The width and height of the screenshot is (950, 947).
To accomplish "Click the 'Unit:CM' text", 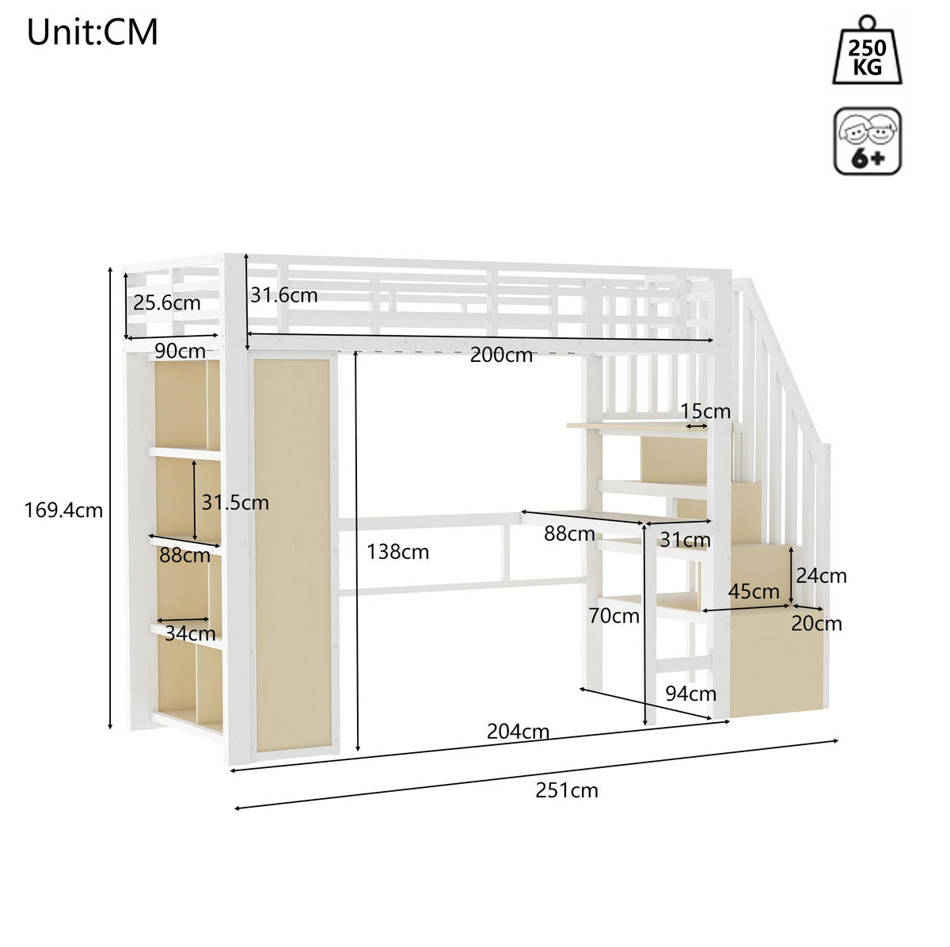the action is click(x=92, y=32).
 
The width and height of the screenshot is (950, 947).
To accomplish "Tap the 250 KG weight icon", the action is click(x=867, y=51).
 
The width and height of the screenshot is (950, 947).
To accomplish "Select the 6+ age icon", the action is click(x=868, y=142).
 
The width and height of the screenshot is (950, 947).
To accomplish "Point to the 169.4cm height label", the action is click(x=63, y=511).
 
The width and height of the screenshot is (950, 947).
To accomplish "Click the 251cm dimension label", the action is click(x=567, y=791).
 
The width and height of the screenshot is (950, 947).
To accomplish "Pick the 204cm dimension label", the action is click(x=518, y=732).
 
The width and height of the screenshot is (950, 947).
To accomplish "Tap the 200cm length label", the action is click(x=501, y=355).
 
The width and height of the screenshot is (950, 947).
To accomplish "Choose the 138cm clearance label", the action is click(x=398, y=552).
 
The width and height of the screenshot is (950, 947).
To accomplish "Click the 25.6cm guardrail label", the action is click(x=167, y=302).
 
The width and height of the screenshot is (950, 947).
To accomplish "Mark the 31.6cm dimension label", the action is click(x=284, y=295).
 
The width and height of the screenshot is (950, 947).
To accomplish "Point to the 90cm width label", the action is click(x=180, y=352).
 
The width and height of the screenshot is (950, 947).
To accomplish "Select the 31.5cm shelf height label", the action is click(x=236, y=503).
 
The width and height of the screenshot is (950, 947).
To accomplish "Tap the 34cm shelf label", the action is click(x=190, y=633).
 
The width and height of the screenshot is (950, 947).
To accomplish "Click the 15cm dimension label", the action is click(x=705, y=412).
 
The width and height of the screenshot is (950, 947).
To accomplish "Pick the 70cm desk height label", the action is click(x=614, y=616).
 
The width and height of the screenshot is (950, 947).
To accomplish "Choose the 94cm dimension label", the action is click(x=690, y=694).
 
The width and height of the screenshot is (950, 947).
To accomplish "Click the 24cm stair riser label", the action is click(x=822, y=576).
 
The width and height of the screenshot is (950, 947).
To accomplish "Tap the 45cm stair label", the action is click(x=754, y=591).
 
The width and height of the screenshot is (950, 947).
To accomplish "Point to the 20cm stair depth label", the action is click(x=817, y=624).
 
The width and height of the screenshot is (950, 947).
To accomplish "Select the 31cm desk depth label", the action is click(x=686, y=541).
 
